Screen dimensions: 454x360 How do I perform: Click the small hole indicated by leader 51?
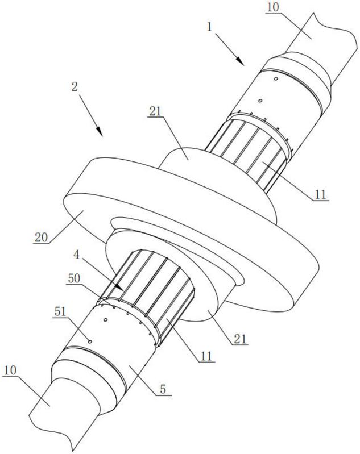pyautogui.click(x=90, y=341)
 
